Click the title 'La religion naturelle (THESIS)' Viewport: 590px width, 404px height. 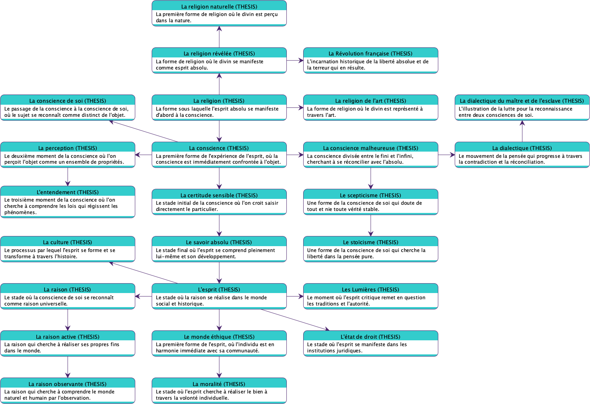point(219,7)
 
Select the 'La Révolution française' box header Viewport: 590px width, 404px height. point(370,54)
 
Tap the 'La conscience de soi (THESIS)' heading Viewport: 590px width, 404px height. point(68,101)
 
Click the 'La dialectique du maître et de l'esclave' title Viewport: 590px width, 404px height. point(522,101)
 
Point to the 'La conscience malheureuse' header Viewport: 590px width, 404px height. point(370,148)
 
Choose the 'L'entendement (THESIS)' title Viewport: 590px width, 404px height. point(68,192)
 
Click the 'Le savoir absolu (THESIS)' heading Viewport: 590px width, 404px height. point(219,242)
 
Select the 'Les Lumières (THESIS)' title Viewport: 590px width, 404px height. point(370,290)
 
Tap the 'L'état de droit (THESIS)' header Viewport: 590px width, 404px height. point(370,337)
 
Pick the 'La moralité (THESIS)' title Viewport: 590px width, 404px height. point(219,384)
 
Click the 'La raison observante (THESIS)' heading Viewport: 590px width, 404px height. point(68,384)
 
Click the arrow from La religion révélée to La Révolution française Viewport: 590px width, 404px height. point(295,61)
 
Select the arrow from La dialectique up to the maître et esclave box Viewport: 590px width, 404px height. point(522,131)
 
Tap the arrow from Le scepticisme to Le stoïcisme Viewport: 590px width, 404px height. point(370,225)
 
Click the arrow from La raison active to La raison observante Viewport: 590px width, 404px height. point(68,367)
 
